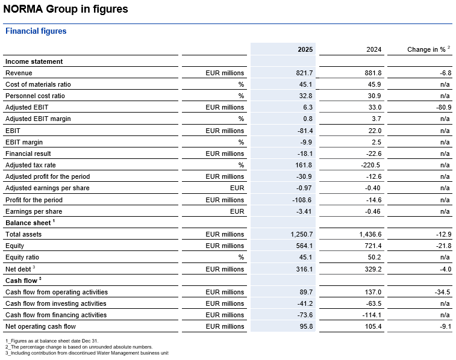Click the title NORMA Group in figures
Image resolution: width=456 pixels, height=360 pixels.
pyautogui.click(x=66, y=10)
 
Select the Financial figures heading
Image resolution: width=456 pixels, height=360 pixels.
pyautogui.click(x=36, y=31)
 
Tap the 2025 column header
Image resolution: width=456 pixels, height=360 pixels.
pyautogui.click(x=305, y=49)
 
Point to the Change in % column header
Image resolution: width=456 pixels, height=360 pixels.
pyautogui.click(x=428, y=49)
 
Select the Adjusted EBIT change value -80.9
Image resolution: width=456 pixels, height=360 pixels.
pyautogui.click(x=442, y=107)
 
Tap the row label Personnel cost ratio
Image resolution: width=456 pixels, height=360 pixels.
pyautogui.click(x=35, y=96)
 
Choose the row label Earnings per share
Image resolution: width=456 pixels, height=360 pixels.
pyautogui.click(x=34, y=211)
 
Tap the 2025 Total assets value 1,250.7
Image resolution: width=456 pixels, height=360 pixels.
pyautogui.click(x=299, y=234)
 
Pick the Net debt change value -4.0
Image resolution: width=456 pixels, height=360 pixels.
pyautogui.click(x=443, y=268)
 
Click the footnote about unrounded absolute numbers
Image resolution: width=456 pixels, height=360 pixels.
pyautogui.click(x=78, y=347)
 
